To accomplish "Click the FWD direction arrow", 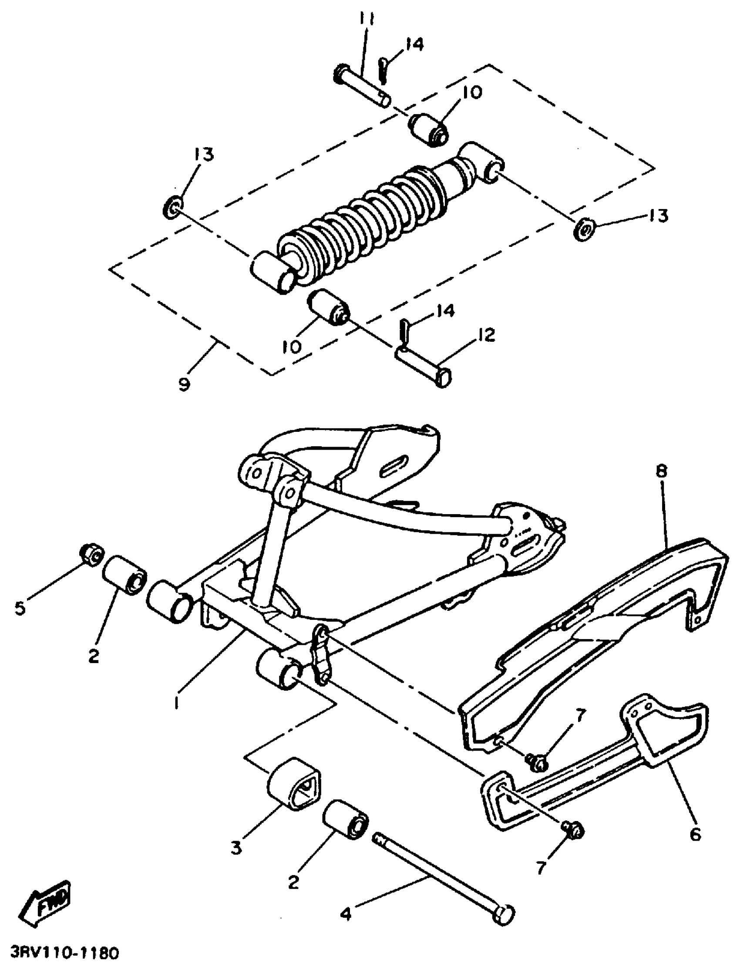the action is point(46,898).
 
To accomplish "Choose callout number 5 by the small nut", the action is point(20,609).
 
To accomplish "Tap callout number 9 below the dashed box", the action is point(185,384).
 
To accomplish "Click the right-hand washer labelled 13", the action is point(584,229).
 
